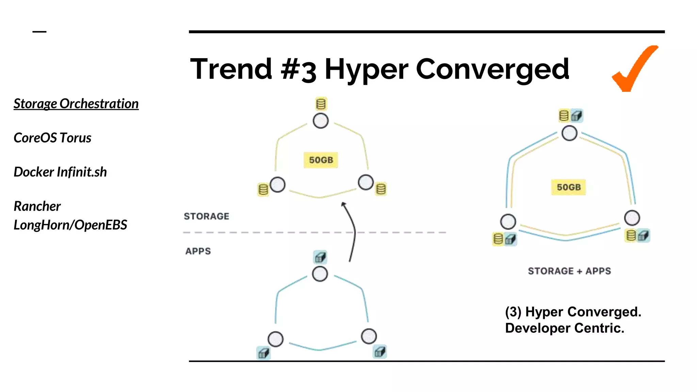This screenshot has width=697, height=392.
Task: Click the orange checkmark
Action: tap(634, 70)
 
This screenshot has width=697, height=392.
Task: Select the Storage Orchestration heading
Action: tap(76, 104)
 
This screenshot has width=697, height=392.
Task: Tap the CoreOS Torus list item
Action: tap(52, 138)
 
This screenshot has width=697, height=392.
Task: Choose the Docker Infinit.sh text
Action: tap(60, 172)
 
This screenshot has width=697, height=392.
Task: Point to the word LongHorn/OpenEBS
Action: tap(70, 225)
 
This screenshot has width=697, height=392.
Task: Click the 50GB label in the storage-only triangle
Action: tap(321, 160)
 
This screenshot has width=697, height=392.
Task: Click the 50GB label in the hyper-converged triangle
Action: tap(568, 187)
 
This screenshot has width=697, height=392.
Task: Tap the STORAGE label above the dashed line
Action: tap(207, 216)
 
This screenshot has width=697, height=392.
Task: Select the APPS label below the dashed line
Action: tap(198, 251)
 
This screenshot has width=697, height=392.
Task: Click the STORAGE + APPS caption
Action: tap(569, 271)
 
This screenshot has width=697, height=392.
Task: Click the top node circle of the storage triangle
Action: tap(321, 121)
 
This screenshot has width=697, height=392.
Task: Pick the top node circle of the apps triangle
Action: tap(320, 274)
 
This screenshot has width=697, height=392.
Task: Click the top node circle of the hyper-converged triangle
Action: tap(569, 133)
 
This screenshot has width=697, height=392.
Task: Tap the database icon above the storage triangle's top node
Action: tap(321, 104)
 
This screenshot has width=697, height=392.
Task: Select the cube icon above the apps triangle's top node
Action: tap(320, 258)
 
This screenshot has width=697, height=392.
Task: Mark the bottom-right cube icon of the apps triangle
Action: tap(380, 352)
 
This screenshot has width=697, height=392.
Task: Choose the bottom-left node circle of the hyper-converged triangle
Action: tap(508, 222)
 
